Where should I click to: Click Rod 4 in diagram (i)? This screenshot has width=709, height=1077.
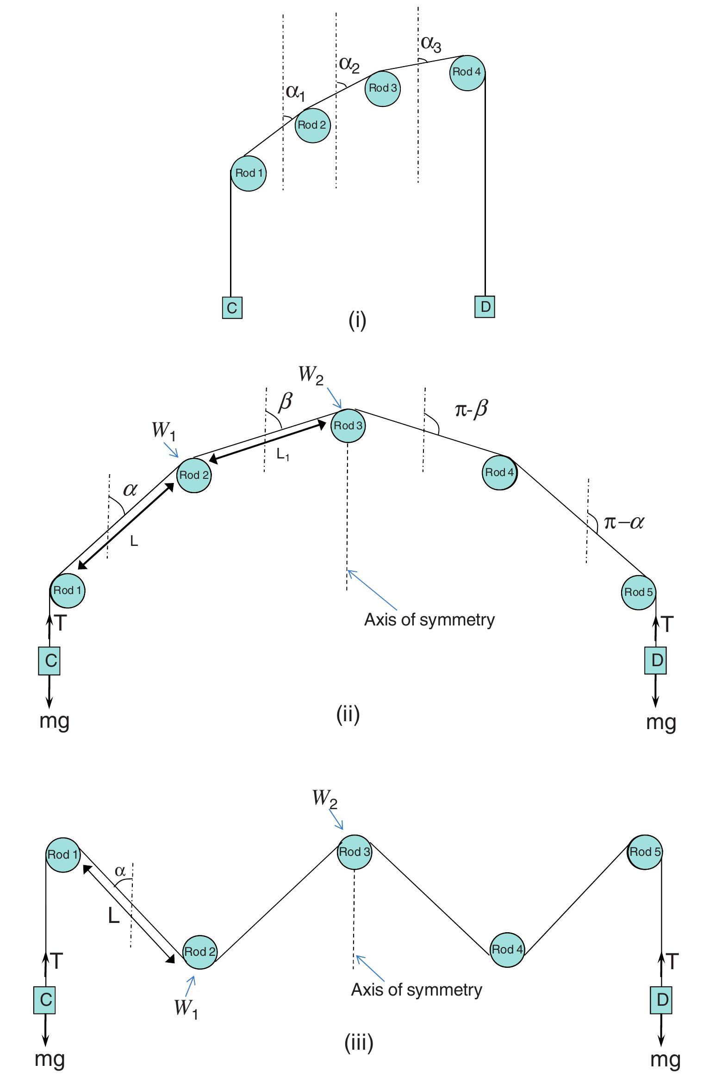[x=467, y=72]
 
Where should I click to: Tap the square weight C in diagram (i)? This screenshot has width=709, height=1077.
[x=232, y=307]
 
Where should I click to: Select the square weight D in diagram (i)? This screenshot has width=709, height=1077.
[x=485, y=306]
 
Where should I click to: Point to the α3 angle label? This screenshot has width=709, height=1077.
[x=430, y=43]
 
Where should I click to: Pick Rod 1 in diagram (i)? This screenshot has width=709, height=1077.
[x=249, y=173]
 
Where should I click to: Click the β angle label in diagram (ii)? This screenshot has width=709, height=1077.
[x=285, y=402]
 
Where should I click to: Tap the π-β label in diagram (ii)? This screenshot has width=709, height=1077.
[x=471, y=409]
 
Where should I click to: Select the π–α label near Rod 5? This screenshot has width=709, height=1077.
[x=623, y=522]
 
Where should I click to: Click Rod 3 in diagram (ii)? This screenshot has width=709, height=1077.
[x=348, y=426]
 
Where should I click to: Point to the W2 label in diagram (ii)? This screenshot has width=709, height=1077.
[x=311, y=374]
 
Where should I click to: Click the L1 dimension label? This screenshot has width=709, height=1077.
[x=283, y=455]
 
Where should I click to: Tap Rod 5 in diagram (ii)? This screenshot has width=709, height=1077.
[x=638, y=592]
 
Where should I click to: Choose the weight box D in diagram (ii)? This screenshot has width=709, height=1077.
[x=656, y=660]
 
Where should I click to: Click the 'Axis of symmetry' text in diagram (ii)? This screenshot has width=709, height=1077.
[x=429, y=619]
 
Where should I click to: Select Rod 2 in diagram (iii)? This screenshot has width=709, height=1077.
[x=200, y=951]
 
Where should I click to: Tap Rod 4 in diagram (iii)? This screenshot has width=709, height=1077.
[x=507, y=949]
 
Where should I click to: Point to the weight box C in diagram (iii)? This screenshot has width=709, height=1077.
[x=45, y=1000]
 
